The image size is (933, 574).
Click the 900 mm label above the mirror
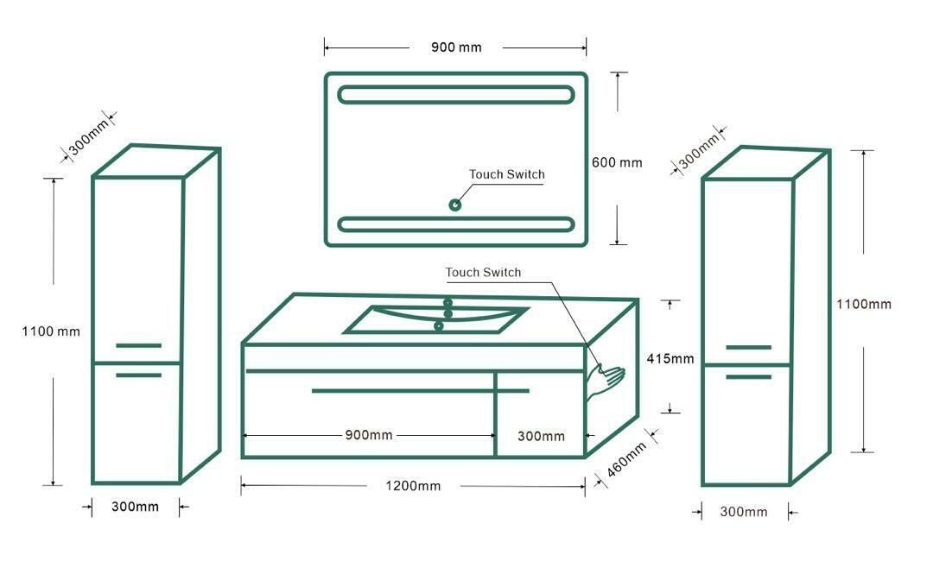pyautogui.click(x=456, y=47)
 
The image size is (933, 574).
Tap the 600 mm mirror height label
pyautogui.click(x=617, y=162)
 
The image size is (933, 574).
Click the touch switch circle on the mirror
pyautogui.click(x=455, y=205)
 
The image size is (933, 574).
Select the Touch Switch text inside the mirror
pyautogui.click(x=507, y=174)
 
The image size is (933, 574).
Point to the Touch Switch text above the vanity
pyautogui.click(x=483, y=273)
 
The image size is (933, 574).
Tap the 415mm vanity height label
pyautogui.click(x=670, y=359)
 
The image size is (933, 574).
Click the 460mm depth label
pyautogui.click(x=626, y=460)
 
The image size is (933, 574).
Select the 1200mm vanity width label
pyautogui.click(x=413, y=486)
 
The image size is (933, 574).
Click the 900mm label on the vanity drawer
pyautogui.click(x=369, y=435)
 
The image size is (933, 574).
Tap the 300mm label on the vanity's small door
pyautogui.click(x=541, y=436)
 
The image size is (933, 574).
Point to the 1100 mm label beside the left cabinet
pyautogui.click(x=51, y=331)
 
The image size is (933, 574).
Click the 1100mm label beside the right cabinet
pyautogui.click(x=864, y=304)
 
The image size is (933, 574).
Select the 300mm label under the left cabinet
pyautogui.click(x=135, y=507)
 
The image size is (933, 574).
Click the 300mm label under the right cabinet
pyautogui.click(x=744, y=512)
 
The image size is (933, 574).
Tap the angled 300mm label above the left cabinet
pyautogui.click(x=89, y=136)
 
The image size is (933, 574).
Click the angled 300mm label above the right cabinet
pyautogui.click(x=699, y=151)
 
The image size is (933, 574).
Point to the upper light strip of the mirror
pyautogui.click(x=456, y=95)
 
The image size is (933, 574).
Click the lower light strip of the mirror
pyautogui.click(x=456, y=224)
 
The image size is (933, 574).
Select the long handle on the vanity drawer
pyautogui.click(x=421, y=391)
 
